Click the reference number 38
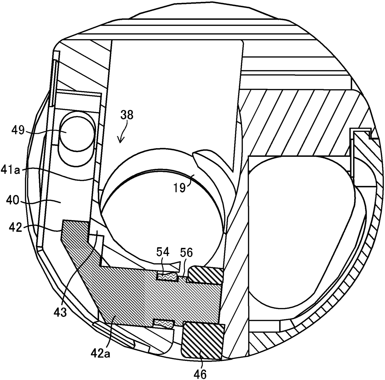click(x=127, y=115)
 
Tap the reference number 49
click(x=18, y=131)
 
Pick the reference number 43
click(x=60, y=312)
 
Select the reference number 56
click(x=186, y=253)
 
